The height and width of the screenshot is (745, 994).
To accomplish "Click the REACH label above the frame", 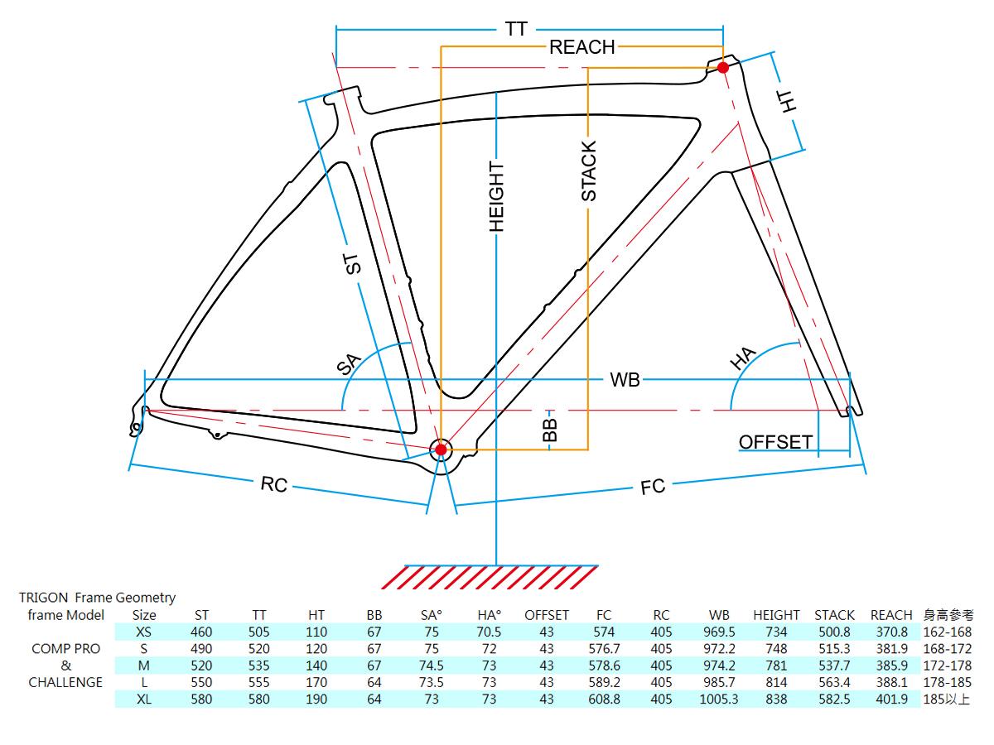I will (x=582, y=47).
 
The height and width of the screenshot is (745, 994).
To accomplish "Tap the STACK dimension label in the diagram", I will (x=588, y=171).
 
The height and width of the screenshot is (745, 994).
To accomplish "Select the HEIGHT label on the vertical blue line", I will (x=496, y=196).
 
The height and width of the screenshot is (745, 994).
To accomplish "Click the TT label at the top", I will (x=516, y=29).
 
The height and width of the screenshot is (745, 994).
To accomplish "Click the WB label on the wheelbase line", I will (x=625, y=380).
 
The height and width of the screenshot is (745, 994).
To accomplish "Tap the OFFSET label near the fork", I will (x=775, y=442).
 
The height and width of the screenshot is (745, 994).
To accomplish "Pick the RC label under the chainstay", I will (x=273, y=484).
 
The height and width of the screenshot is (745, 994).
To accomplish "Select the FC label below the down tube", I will (x=653, y=487).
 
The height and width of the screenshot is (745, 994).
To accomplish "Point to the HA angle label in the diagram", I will (x=743, y=358).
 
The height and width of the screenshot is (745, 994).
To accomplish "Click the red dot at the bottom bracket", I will (x=441, y=449).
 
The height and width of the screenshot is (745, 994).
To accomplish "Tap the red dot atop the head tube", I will (x=722, y=68).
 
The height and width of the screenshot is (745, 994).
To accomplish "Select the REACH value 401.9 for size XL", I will (x=891, y=699).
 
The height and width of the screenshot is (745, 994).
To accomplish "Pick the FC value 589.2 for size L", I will (x=604, y=683).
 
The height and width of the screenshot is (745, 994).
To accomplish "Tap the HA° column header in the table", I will (x=490, y=615).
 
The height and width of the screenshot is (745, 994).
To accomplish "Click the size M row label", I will (x=144, y=666).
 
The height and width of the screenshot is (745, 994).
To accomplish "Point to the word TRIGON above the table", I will (x=42, y=598).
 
